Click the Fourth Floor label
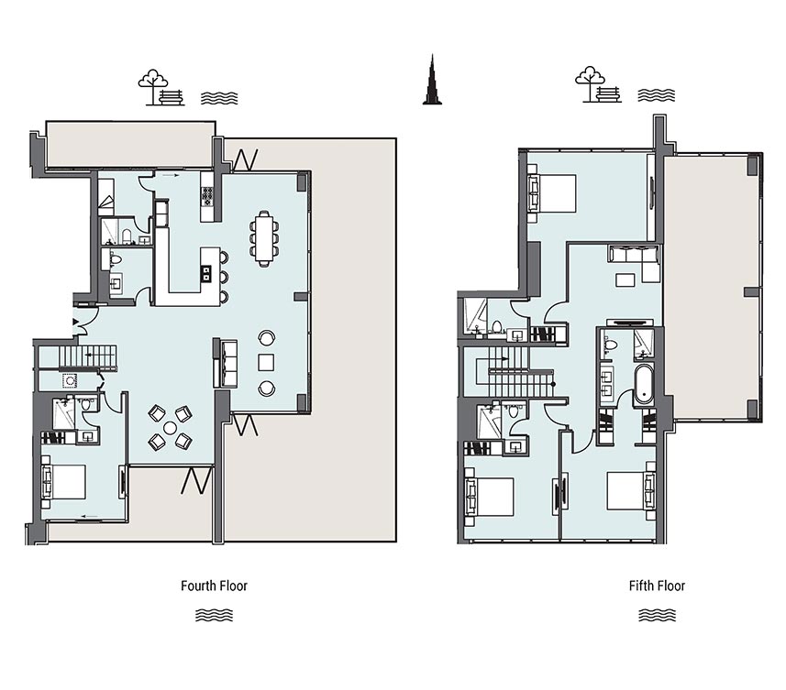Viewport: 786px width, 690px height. point(214,586)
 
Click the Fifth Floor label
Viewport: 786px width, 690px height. point(657,586)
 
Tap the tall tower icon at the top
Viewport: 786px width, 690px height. point(432,80)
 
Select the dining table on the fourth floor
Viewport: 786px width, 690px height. point(264,237)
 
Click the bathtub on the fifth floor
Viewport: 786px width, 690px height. point(643,385)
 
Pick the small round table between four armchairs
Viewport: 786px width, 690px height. point(171,428)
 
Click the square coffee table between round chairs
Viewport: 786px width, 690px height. point(266,362)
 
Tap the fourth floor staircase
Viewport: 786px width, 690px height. point(88,356)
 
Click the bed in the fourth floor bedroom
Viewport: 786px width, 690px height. point(63,482)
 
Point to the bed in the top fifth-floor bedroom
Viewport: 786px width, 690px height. point(552,193)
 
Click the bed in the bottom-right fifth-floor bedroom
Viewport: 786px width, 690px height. point(631,491)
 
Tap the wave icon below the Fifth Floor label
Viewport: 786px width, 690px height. point(657,615)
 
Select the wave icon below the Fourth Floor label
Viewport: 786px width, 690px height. point(214,615)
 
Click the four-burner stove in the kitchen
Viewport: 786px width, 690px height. point(207,196)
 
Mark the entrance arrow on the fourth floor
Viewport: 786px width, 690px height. point(76,321)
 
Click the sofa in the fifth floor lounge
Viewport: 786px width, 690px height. point(634,255)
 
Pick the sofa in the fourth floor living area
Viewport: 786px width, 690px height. point(226,364)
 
